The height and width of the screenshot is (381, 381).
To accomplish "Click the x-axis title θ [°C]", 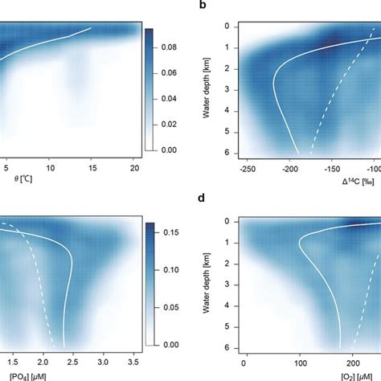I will point(15,191).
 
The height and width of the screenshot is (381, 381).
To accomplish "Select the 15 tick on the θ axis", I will point(92,170).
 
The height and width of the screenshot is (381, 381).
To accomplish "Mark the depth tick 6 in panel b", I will point(227,153).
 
